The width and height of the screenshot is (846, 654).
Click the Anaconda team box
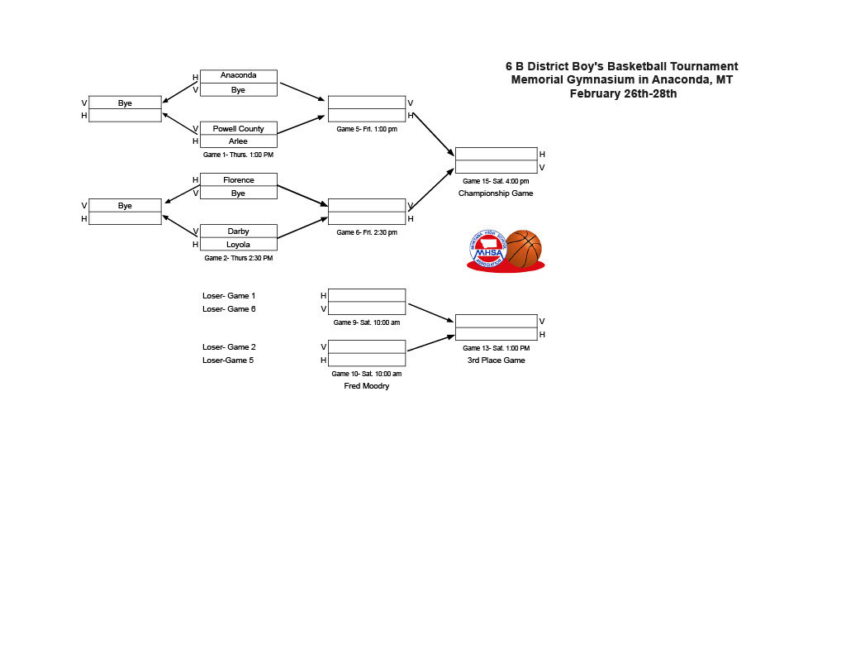238,76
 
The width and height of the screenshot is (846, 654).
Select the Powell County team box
238,129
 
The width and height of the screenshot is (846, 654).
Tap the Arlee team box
238,141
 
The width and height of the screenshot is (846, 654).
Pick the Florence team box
238,180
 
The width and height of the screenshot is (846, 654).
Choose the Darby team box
238,232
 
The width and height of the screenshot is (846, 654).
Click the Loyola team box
238,245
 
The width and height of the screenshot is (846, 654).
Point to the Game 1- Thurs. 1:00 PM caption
238,155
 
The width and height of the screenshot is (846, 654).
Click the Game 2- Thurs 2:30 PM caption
238,258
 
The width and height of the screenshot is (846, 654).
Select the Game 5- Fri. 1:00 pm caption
367,129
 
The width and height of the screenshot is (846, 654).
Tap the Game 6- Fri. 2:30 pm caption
367,232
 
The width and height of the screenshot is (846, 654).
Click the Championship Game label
496,193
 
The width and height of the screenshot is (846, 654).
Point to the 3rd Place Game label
496,360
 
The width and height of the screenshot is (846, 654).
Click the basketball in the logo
523,248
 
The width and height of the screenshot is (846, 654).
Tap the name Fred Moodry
367,386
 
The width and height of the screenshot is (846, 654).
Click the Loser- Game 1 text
229,296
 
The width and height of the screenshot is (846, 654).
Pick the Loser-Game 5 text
229,360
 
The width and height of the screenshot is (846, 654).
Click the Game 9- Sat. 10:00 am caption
367,322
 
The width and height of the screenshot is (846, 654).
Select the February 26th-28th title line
623,93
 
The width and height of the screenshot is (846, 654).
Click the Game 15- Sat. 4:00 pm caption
496,181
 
